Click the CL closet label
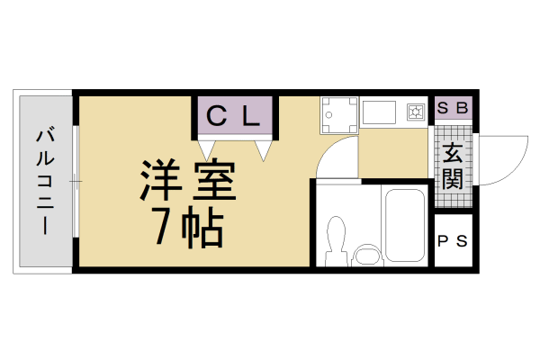[234, 115]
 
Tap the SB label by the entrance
[453, 108]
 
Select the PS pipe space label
[452, 240]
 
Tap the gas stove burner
[416, 112]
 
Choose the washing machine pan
[338, 114]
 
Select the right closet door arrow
[264, 149]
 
